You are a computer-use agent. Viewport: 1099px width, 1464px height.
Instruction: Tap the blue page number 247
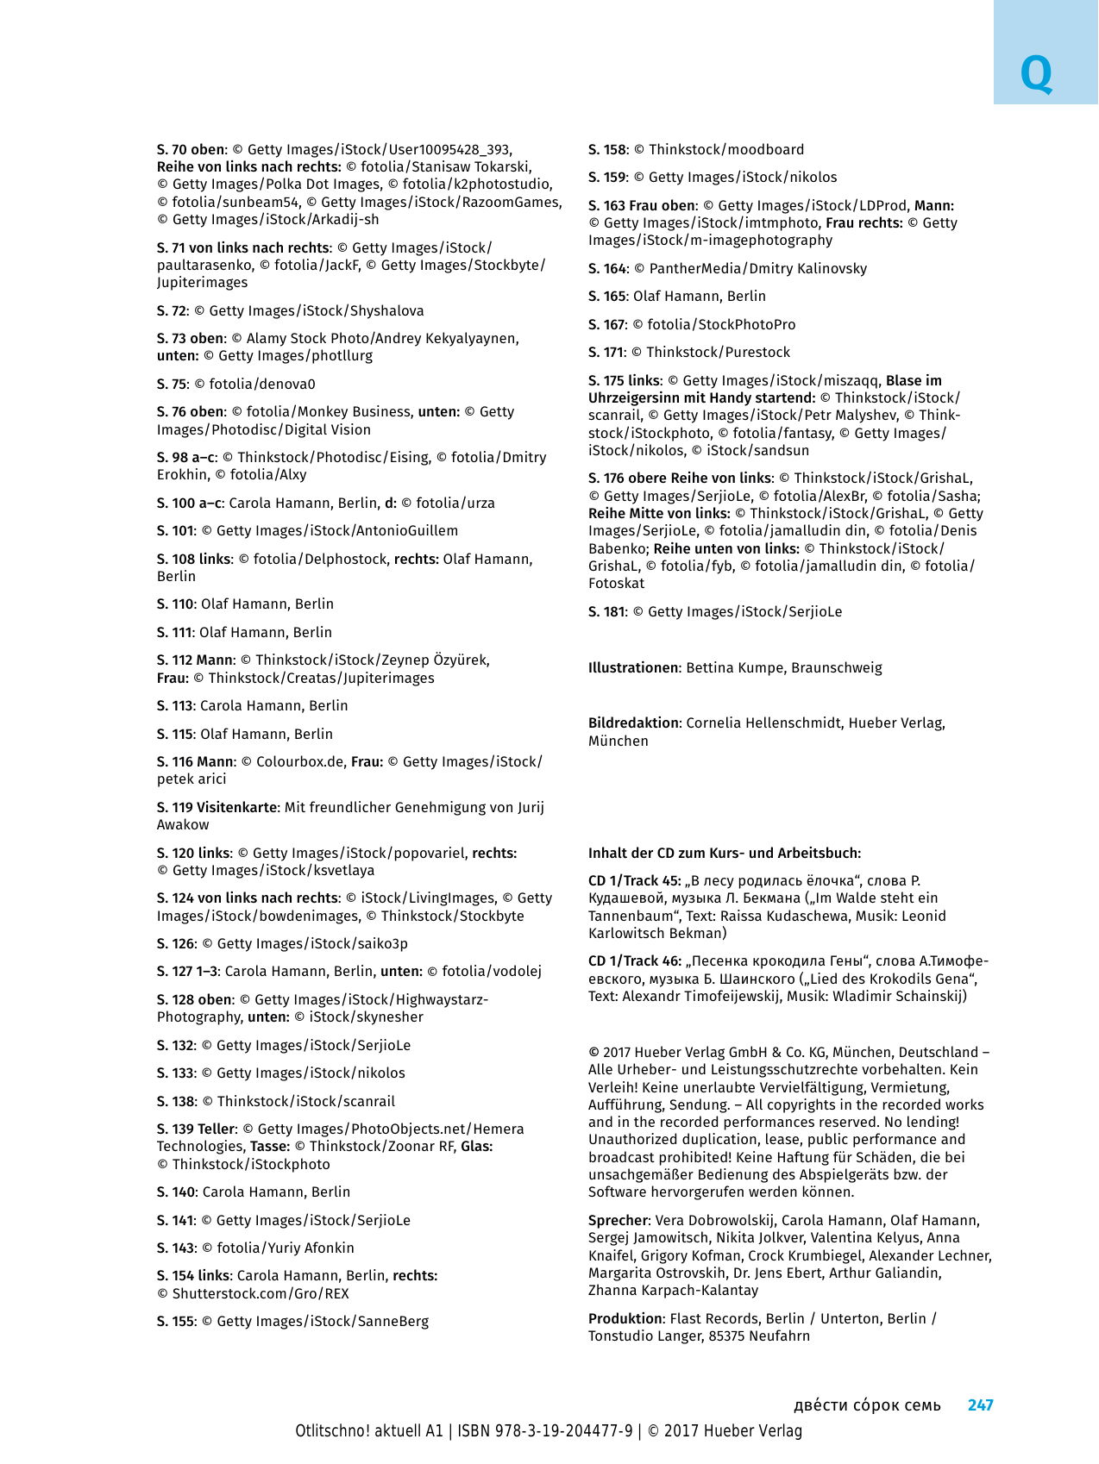980,1405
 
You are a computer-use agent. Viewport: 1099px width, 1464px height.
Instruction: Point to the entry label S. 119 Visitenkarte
217,807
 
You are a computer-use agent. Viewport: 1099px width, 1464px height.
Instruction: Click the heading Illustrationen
633,667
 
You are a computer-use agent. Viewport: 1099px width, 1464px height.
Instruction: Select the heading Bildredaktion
633,723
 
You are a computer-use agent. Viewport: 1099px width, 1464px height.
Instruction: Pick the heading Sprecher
618,1220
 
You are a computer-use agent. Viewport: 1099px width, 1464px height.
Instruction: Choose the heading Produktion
625,1318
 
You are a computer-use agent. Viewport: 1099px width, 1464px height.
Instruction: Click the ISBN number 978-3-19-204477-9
563,1430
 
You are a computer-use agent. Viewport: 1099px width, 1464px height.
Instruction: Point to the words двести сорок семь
867,1405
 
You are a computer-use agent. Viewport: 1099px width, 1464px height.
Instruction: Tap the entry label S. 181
606,611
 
